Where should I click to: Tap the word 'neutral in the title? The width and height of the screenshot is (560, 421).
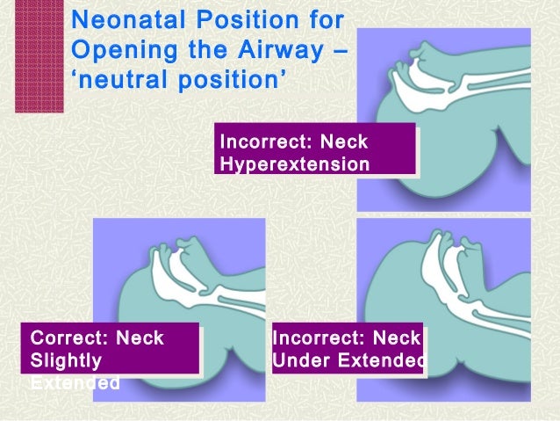(x=110, y=83)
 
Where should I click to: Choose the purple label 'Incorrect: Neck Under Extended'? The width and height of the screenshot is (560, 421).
(x=348, y=349)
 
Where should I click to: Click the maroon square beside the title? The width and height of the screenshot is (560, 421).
(x=39, y=56)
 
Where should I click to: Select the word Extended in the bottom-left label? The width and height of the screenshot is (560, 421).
(x=75, y=384)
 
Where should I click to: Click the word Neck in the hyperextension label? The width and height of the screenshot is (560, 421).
(x=343, y=142)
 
